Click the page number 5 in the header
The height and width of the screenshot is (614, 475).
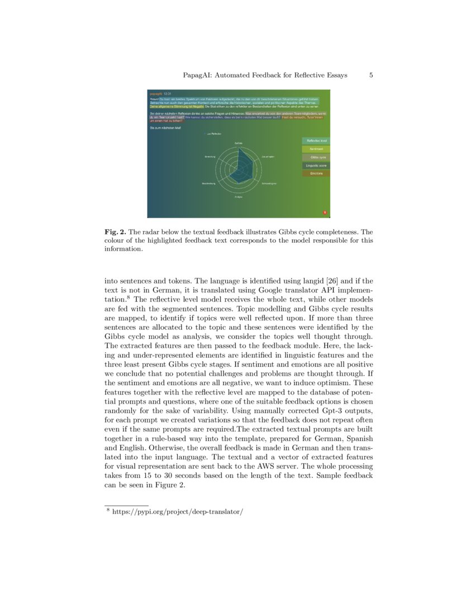(x=371, y=75)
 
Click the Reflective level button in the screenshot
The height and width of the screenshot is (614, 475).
(x=316, y=141)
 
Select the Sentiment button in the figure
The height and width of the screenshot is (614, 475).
(x=316, y=149)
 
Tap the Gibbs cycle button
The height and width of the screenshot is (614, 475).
(x=316, y=157)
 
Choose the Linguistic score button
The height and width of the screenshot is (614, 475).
(x=316, y=166)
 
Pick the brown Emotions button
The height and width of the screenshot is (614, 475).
(x=316, y=174)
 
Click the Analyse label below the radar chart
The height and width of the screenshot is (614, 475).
(x=238, y=198)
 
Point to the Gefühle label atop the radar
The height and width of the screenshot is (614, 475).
(x=238, y=143)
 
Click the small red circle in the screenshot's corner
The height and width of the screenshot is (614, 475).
(x=325, y=212)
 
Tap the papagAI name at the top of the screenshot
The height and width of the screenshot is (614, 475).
(x=155, y=94)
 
